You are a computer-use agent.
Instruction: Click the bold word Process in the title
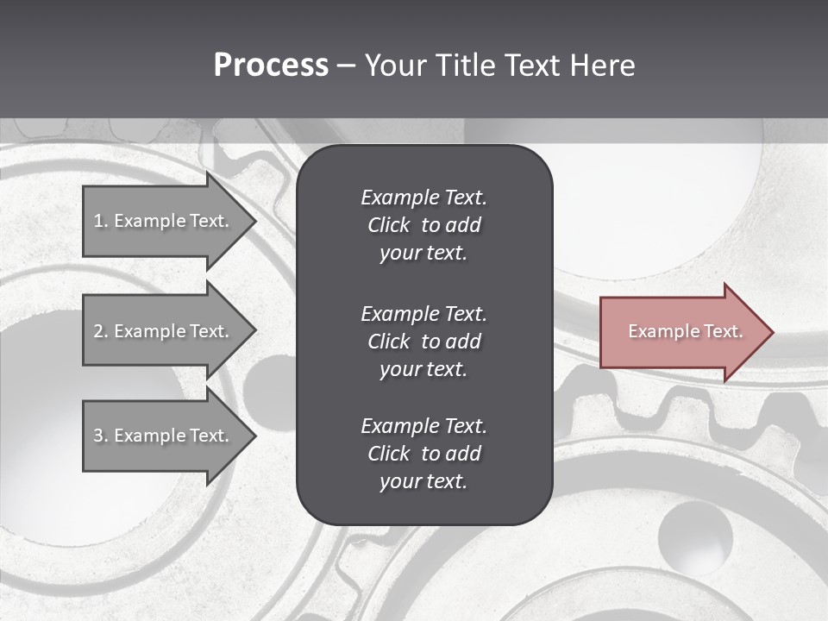tap(271, 66)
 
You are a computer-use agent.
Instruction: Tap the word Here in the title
tap(602, 66)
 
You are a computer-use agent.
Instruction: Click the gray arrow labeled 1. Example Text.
tap(164, 221)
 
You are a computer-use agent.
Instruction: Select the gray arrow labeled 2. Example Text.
tap(164, 331)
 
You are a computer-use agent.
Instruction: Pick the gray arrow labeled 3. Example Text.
tap(164, 436)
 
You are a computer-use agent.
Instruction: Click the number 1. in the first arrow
tap(101, 221)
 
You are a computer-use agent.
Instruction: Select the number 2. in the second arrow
tap(101, 331)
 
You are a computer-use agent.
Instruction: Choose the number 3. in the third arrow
tap(101, 436)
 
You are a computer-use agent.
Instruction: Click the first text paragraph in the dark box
tap(423, 225)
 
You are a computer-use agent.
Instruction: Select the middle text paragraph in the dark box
tap(423, 341)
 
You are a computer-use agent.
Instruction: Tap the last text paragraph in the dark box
tap(423, 454)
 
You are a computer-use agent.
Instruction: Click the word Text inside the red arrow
tap(723, 331)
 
